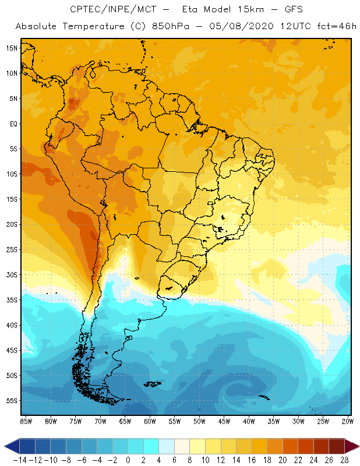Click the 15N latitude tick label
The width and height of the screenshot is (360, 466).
pos(10,48)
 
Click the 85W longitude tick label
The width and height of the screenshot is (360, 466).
pos(26,421)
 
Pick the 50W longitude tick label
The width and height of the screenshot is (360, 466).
pos(199,421)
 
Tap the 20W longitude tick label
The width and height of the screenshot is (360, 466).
pos(348,421)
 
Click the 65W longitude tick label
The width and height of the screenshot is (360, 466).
pos(125,421)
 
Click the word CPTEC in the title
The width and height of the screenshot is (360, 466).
pos(83,10)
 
